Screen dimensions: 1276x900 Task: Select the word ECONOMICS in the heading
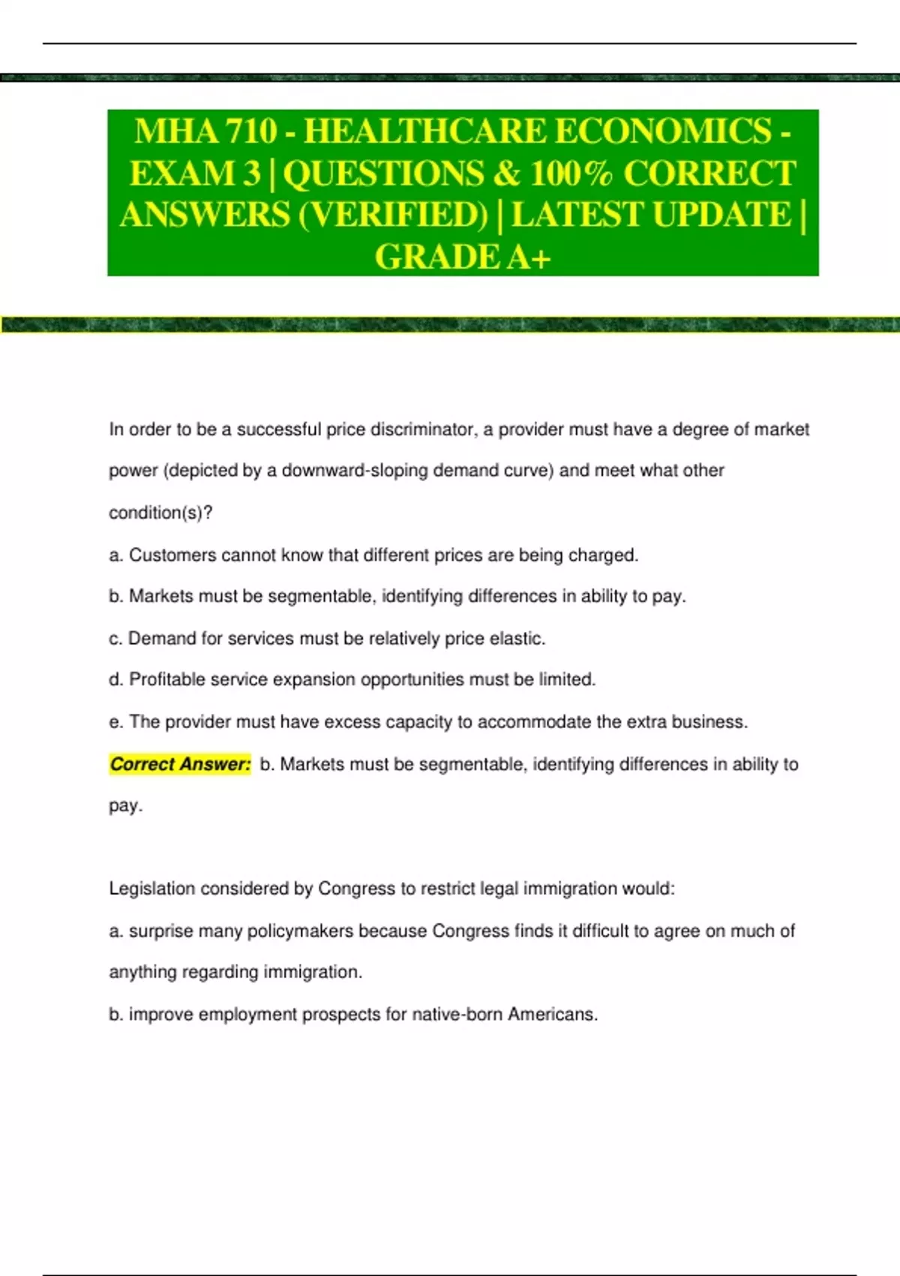pyautogui.click(x=663, y=131)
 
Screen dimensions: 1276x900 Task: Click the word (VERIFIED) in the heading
pyautogui.click(x=393, y=215)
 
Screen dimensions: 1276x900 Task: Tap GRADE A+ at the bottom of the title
pyautogui.click(x=463, y=257)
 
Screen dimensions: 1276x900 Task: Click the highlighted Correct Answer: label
pyautogui.click(x=180, y=764)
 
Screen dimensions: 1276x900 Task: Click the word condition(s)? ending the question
pyautogui.click(x=160, y=513)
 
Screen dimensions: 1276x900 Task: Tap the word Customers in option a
pyautogui.click(x=165, y=555)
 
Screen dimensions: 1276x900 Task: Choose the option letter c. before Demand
pyautogui.click(x=115, y=639)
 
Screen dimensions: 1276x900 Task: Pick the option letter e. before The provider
pyautogui.click(x=115, y=722)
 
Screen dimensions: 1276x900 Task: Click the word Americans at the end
pyautogui.click(x=552, y=1015)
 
